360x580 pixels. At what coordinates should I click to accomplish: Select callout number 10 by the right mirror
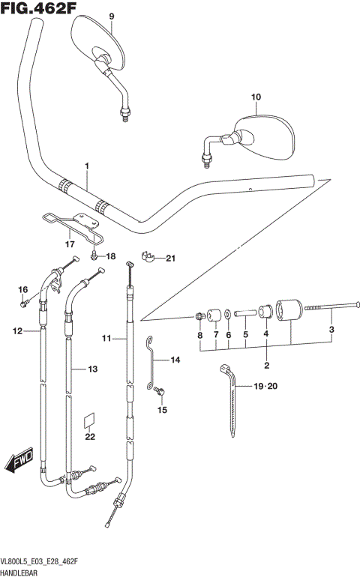point(256,97)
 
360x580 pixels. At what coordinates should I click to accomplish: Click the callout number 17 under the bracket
point(70,244)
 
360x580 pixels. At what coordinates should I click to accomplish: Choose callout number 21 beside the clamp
point(169,259)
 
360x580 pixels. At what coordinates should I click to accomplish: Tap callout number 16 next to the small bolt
point(22,290)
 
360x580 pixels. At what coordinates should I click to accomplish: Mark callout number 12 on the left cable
point(16,330)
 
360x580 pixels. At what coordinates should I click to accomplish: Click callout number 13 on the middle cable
point(92,369)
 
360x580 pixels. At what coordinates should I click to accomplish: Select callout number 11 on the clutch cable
point(106,339)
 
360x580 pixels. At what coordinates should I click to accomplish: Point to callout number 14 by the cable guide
point(175,360)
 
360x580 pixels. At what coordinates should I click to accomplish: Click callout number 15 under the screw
point(162,410)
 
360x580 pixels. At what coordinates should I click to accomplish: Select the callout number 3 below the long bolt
point(331,328)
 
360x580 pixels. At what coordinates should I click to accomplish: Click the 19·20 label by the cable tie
point(265,387)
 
